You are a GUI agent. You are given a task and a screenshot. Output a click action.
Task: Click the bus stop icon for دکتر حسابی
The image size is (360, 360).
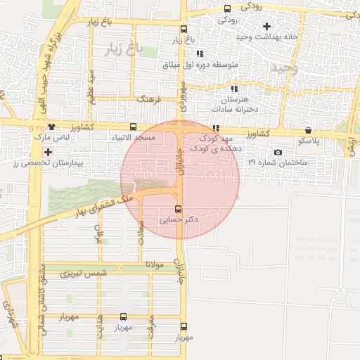[178, 209]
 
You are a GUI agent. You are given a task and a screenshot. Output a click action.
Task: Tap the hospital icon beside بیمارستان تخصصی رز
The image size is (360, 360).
[47, 152]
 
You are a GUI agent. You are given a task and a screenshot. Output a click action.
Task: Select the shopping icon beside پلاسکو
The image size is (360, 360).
[309, 130]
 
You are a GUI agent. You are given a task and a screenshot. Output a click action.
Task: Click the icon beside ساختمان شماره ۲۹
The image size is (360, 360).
[278, 153]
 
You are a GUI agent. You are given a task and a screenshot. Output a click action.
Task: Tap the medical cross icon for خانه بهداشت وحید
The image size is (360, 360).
[266, 26]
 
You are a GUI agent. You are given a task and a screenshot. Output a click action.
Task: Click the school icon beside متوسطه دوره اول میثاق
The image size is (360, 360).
[200, 53]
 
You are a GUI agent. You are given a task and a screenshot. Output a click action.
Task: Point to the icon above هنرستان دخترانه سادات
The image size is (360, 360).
[234, 89]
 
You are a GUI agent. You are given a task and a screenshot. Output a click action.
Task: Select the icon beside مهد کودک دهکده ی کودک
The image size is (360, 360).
[216, 128]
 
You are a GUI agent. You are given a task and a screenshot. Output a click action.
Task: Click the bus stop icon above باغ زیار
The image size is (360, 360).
[184, 30]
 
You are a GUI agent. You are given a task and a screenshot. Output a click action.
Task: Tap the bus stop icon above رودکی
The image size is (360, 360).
[227, 9]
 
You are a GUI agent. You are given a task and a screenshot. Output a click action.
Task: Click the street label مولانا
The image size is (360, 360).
[154, 264]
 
